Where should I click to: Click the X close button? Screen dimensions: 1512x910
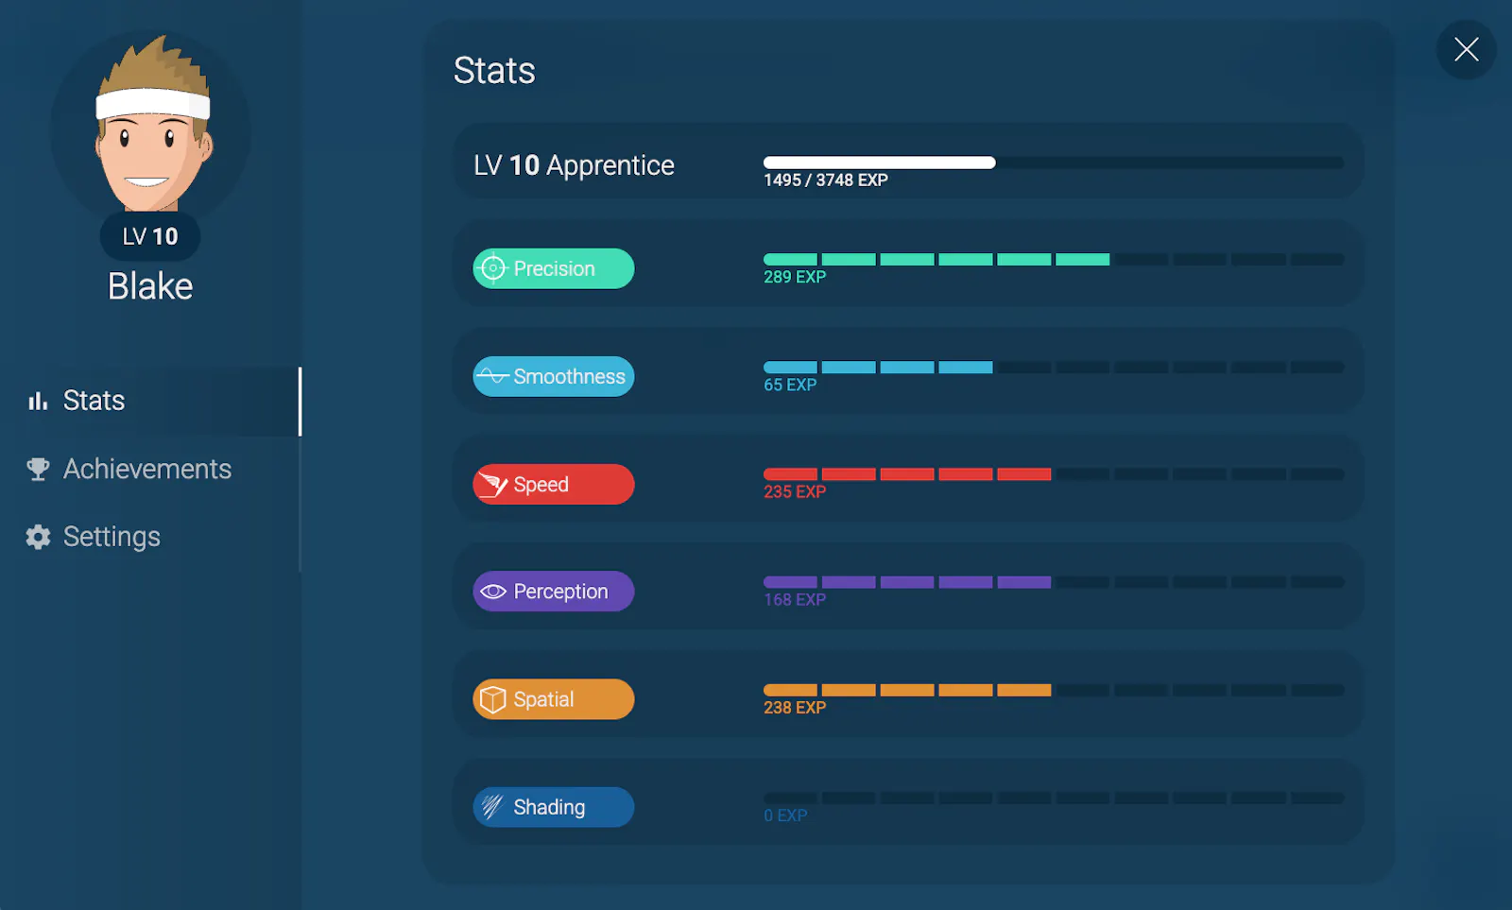(x=1466, y=49)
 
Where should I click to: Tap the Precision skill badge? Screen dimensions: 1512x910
(x=554, y=268)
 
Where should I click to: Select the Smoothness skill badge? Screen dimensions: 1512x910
(x=554, y=376)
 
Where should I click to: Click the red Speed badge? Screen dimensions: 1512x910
(x=554, y=484)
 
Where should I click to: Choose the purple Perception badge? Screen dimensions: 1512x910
(x=554, y=592)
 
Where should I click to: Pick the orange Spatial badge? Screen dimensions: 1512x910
(x=554, y=698)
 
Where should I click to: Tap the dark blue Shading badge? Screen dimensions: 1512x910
(x=554, y=807)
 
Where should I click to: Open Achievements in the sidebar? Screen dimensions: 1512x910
(x=147, y=469)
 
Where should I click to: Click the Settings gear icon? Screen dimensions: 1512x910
(x=38, y=537)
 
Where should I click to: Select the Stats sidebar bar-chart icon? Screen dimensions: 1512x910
(x=38, y=401)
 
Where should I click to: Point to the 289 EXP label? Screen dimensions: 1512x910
(x=795, y=277)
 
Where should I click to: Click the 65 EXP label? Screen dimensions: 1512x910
(x=790, y=385)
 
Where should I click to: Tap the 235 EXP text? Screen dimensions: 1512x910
(x=795, y=491)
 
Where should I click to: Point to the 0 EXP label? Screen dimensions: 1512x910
(x=785, y=816)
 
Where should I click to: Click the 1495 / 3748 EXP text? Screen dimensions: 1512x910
(x=826, y=180)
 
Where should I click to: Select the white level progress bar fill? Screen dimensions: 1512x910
(x=880, y=162)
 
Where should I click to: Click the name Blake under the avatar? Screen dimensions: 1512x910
(x=150, y=286)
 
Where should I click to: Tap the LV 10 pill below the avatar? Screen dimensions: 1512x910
(x=150, y=236)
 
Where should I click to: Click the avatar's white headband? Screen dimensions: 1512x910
(x=152, y=105)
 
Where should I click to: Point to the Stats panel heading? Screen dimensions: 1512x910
(x=494, y=70)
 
